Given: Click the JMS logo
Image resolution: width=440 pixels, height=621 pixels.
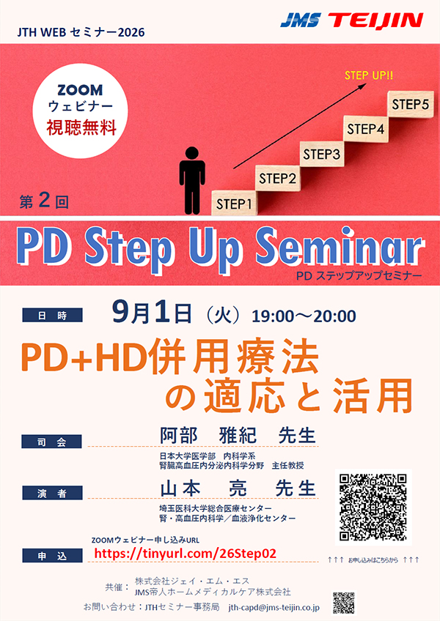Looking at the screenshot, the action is click(x=301, y=21).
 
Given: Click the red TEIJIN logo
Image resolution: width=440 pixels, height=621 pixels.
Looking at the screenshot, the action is click(x=375, y=21).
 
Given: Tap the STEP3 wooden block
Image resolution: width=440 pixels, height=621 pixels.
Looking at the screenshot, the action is click(x=321, y=154).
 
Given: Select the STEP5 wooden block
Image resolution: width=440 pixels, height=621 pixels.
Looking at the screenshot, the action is click(x=410, y=104).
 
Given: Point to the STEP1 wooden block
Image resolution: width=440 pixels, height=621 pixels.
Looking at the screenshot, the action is click(x=234, y=204).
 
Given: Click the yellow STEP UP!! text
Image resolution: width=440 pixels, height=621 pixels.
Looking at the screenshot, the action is click(x=369, y=75).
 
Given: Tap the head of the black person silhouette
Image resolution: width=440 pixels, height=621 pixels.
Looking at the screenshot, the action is click(x=192, y=153).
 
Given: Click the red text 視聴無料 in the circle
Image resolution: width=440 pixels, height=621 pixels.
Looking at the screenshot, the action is click(x=81, y=128).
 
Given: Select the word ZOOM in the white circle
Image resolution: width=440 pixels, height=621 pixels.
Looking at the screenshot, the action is click(x=80, y=90).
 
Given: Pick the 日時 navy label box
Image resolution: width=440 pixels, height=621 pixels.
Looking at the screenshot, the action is click(x=52, y=315).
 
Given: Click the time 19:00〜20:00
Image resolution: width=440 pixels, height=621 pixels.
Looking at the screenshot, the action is click(x=304, y=316).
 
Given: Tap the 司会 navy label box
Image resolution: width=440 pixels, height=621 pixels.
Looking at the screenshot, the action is click(x=51, y=442).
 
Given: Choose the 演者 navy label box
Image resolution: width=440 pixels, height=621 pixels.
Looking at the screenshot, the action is click(x=52, y=493).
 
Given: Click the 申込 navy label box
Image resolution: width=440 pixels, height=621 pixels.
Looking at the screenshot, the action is click(x=52, y=556).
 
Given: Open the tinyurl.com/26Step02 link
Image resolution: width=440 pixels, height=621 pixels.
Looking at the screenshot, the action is click(x=186, y=554).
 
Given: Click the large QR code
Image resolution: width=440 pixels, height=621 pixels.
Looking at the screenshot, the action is click(x=373, y=507).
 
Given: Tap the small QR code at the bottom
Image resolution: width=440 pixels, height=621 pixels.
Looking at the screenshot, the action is click(x=344, y=603).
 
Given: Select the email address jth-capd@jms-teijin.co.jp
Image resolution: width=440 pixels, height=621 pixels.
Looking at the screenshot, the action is click(x=274, y=607).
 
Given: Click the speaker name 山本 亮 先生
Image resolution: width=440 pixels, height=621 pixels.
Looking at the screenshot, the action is click(x=238, y=488).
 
